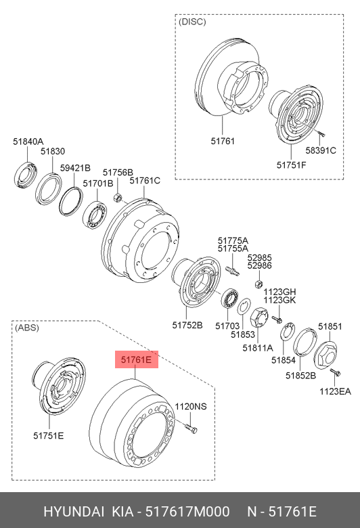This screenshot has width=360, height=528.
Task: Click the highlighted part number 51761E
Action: click(x=137, y=359)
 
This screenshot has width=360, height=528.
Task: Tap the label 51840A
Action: click(x=28, y=141)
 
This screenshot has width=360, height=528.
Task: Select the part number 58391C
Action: click(x=321, y=150)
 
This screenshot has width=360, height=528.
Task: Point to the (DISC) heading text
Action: click(x=192, y=22)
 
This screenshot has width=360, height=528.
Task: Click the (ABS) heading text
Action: click(x=27, y=328)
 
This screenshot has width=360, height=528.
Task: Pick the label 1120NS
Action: click(x=191, y=406)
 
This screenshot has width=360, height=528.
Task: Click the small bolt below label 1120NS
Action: click(x=191, y=428)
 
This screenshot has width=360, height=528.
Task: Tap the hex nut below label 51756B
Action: click(x=117, y=198)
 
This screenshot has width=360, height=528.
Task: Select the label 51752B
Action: click(x=187, y=325)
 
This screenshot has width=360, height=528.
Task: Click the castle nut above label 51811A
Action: click(x=259, y=317)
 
